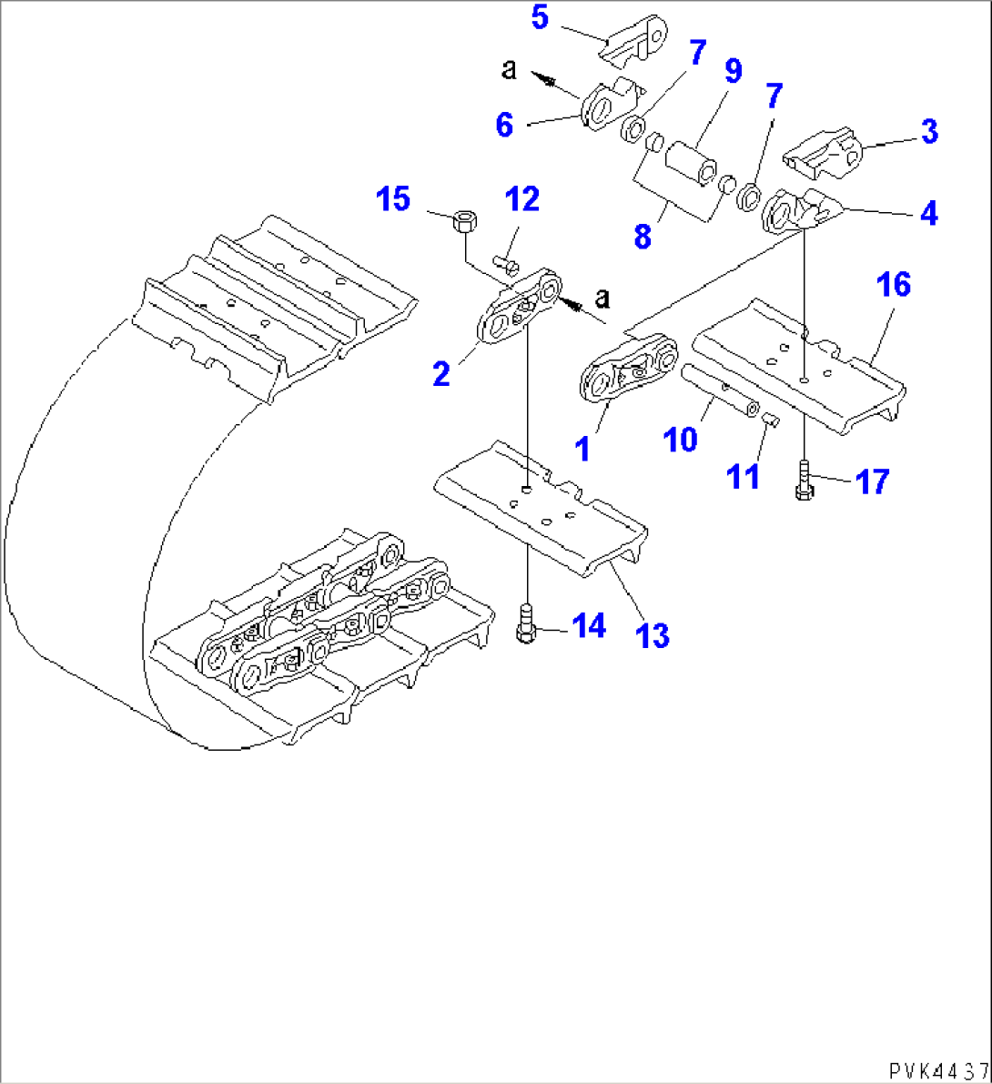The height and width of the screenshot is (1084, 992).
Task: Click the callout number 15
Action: (393, 199)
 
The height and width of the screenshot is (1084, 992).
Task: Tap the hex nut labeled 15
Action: (463, 220)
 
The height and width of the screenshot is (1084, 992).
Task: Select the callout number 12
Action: (522, 199)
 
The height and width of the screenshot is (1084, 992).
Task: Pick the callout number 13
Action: (653, 635)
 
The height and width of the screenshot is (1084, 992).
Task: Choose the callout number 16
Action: (894, 285)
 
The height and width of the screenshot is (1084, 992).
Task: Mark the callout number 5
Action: (541, 17)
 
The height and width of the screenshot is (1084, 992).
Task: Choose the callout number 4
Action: (928, 213)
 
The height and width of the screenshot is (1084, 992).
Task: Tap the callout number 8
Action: (643, 237)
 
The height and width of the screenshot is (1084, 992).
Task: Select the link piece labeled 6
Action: (608, 107)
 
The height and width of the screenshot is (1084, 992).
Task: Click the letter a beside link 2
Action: (602, 299)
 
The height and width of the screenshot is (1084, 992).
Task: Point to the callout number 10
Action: (680, 439)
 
